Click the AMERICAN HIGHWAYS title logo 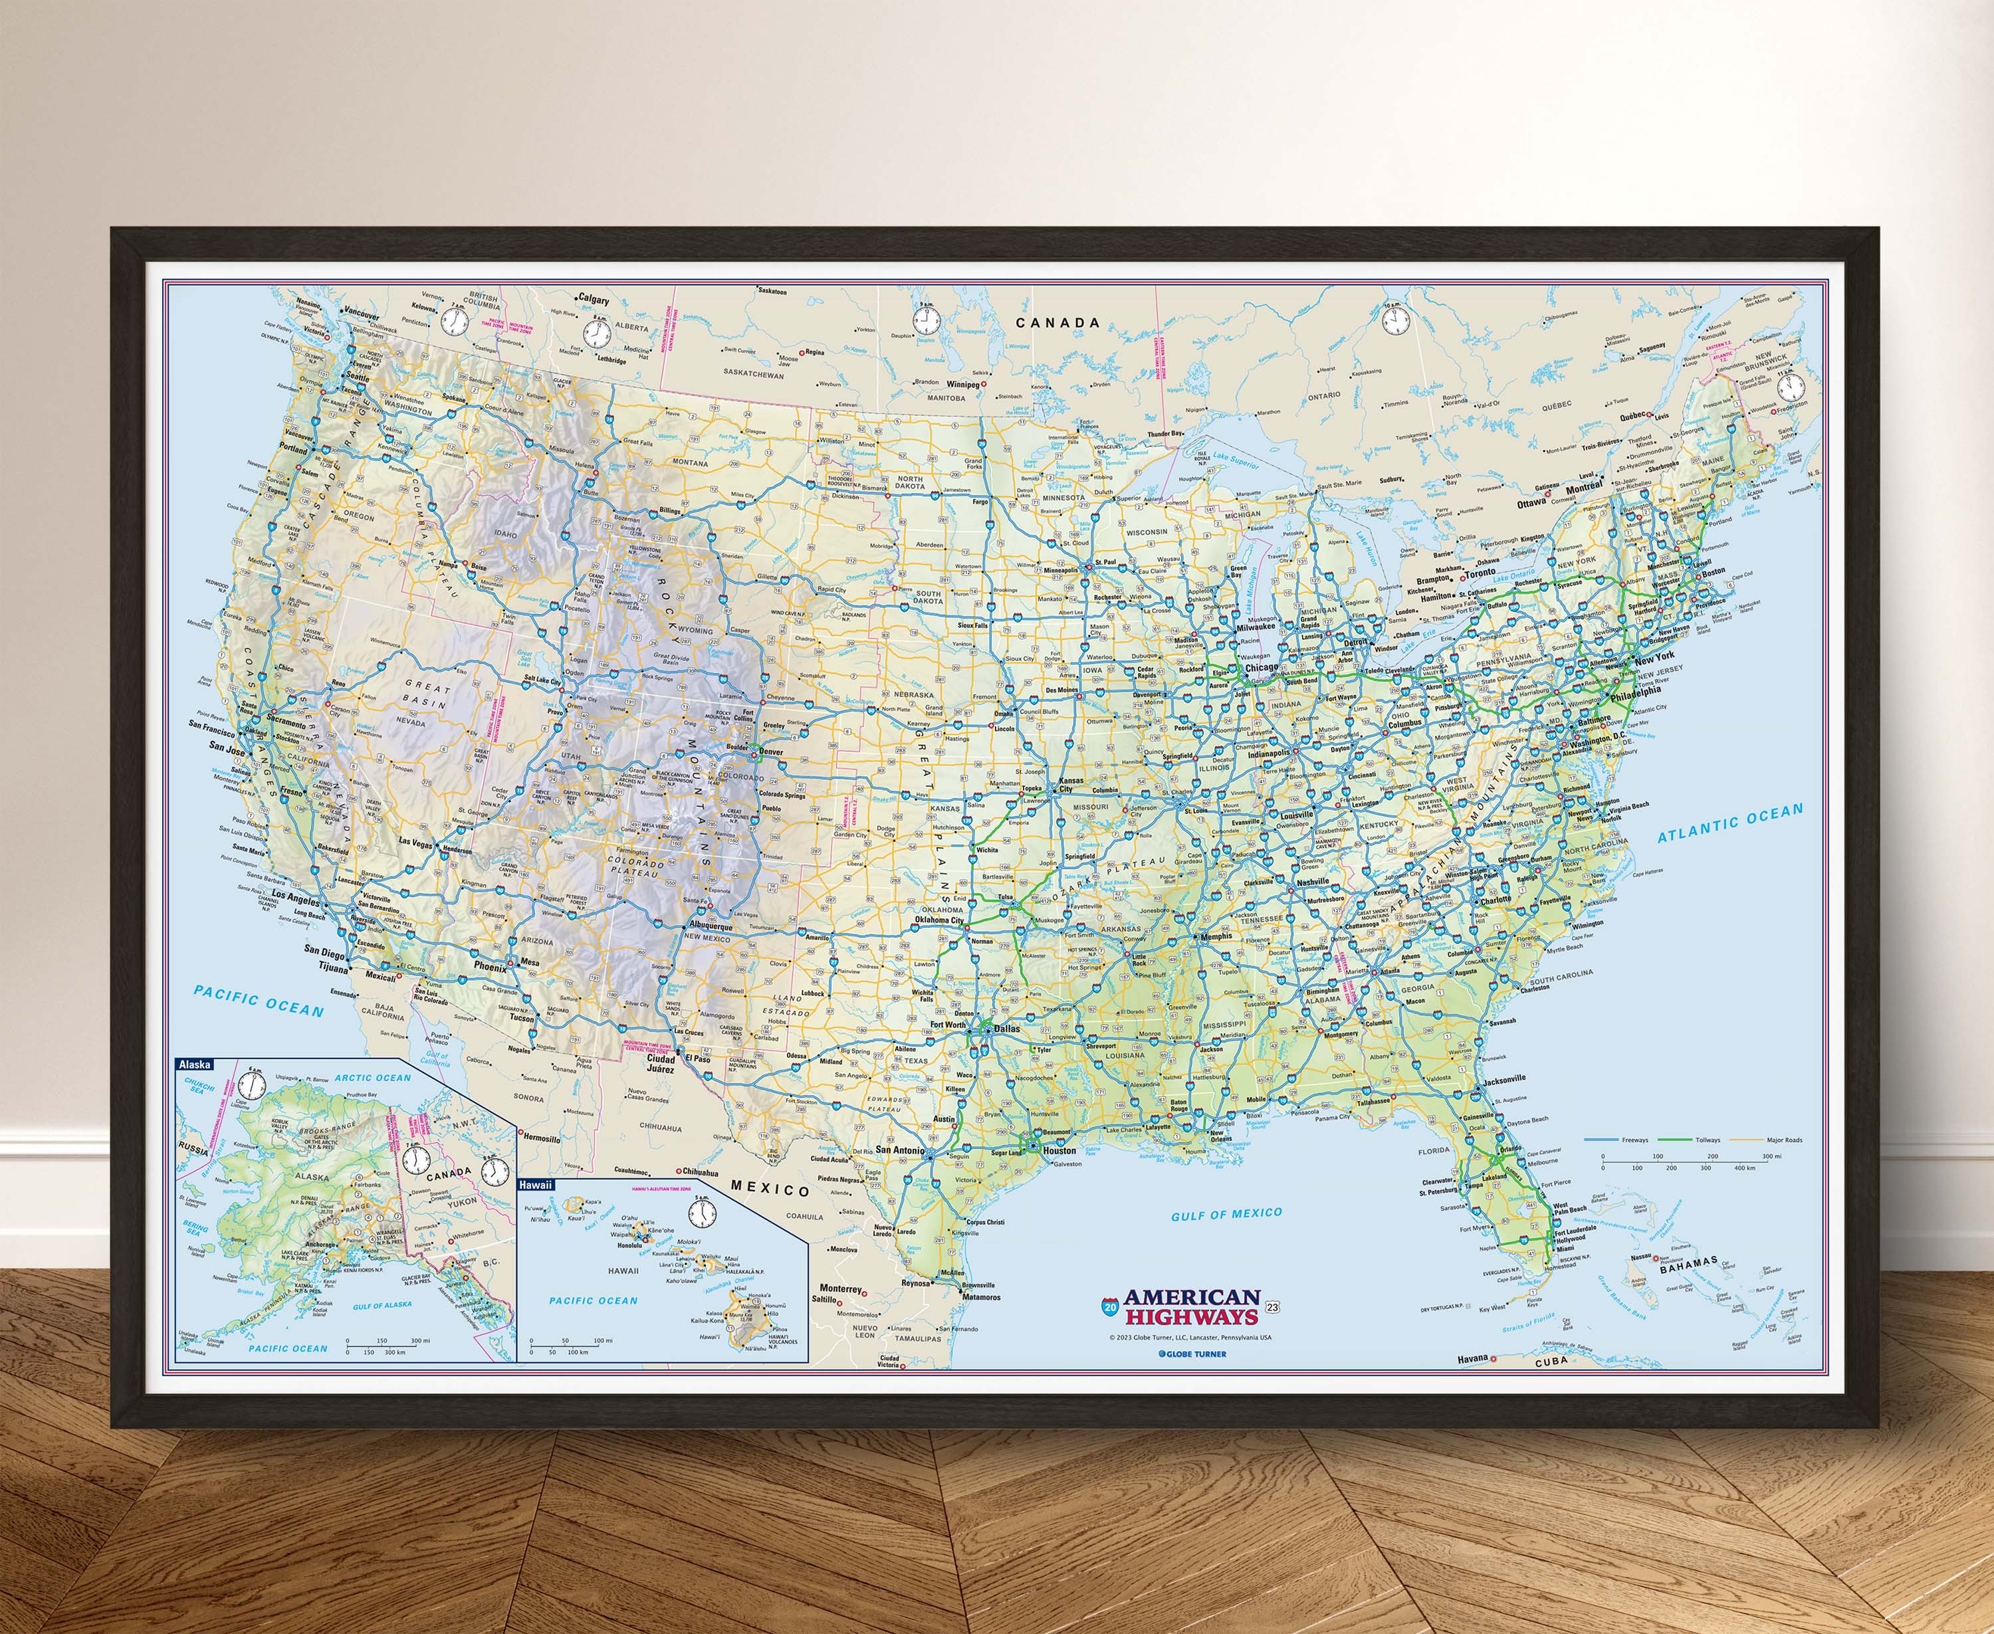pyautogui.click(x=1191, y=1307)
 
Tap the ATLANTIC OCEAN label pyautogui.click(x=1730, y=822)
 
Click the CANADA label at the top pyautogui.click(x=1057, y=323)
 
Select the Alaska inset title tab pyautogui.click(x=195, y=1065)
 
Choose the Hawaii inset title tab pyautogui.click(x=536, y=1185)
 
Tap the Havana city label pyautogui.click(x=1472, y=1358)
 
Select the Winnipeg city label pyautogui.click(x=963, y=384)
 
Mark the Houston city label pyautogui.click(x=1059, y=1150)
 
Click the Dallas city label pyautogui.click(x=1006, y=1029)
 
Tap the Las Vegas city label pyautogui.click(x=415, y=843)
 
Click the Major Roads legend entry pyautogui.click(x=1784, y=1140)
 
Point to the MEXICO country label pyautogui.click(x=770, y=1189)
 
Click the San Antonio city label pyautogui.click(x=900, y=1150)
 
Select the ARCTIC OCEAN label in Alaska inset pyautogui.click(x=373, y=1078)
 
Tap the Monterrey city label pyautogui.click(x=841, y=1288)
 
